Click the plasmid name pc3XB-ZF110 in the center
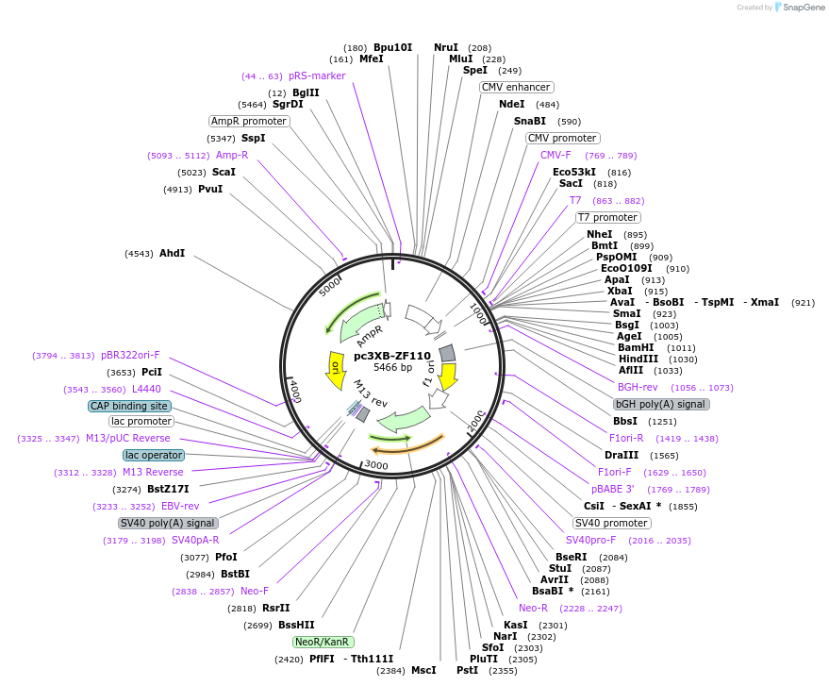tap(391, 356)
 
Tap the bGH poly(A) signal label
tap(661, 404)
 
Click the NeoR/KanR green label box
tap(323, 642)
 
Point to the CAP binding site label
tap(130, 406)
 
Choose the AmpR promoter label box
tap(249, 121)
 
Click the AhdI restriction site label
tap(172, 253)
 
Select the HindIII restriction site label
tap(638, 359)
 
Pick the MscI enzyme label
tap(423, 670)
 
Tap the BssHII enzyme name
tap(296, 625)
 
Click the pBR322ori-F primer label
tap(130, 355)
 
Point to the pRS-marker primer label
tap(317, 75)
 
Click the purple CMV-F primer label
tap(555, 155)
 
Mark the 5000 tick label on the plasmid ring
tap(331, 286)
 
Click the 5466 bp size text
tap(392, 367)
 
